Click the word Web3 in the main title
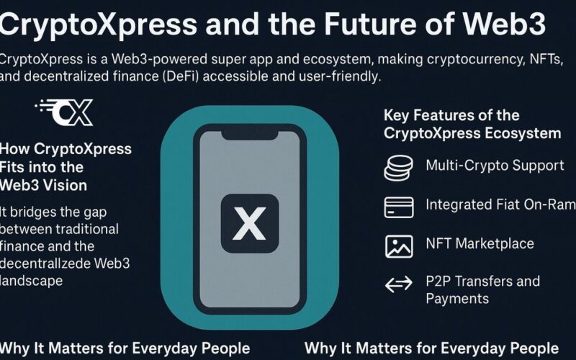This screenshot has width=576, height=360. click(x=504, y=24)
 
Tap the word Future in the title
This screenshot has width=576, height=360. click(x=370, y=24)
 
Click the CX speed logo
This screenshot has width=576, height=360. click(x=64, y=112)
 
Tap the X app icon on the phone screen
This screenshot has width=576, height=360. click(x=250, y=223)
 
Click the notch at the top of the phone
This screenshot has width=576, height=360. click(x=250, y=135)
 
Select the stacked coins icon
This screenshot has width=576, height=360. click(x=399, y=168)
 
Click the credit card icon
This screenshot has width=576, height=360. click(x=399, y=207)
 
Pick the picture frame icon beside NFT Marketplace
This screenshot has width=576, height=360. click(x=399, y=246)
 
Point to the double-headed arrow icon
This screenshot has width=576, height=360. click(x=399, y=284)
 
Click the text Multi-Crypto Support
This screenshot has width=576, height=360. click(x=495, y=166)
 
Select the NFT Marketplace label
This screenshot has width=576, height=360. click(x=480, y=243)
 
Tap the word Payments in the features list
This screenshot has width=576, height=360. click(x=457, y=299)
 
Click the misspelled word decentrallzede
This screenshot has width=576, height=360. click(x=45, y=264)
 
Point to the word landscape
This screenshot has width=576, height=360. click(x=32, y=281)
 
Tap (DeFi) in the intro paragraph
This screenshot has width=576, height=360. click(x=177, y=76)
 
